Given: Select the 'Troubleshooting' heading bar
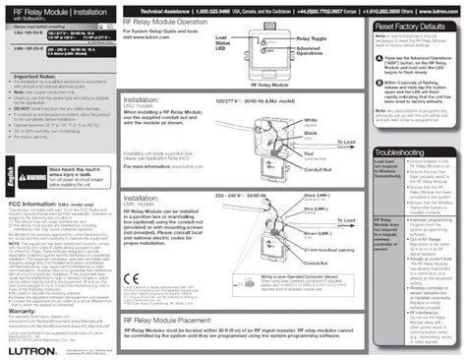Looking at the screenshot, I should click(x=402, y=153).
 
